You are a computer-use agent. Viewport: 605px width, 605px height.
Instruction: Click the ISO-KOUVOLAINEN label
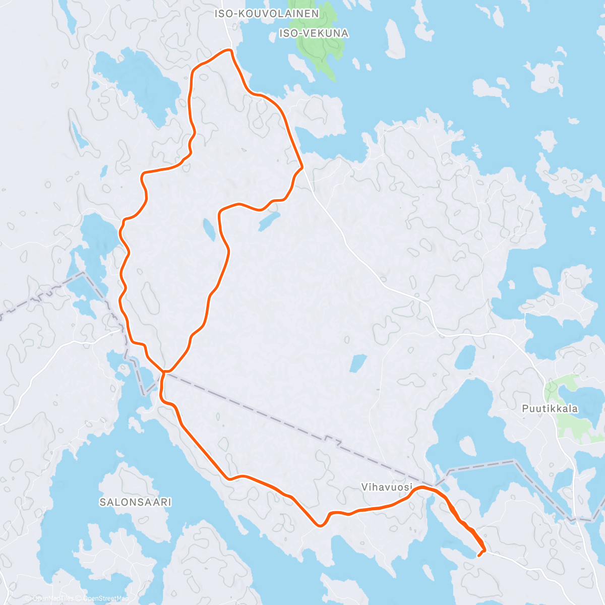(267, 14)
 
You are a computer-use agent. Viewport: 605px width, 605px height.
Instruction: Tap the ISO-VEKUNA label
(314, 33)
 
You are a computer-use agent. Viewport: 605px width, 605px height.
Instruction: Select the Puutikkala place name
(550, 408)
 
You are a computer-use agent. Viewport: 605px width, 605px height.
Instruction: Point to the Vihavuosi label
(387, 487)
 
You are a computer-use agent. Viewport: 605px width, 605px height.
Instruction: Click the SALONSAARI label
(135, 502)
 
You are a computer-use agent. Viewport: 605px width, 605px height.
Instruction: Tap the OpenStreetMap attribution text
(102, 598)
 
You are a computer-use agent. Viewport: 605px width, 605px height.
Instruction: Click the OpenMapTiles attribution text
(53, 598)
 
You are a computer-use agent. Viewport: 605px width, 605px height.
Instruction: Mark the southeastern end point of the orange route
(478, 556)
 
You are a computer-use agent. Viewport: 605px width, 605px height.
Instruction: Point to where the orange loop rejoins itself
(163, 372)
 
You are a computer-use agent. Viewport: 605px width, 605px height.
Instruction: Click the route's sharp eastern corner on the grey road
(301, 166)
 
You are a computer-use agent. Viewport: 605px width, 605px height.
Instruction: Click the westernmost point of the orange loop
(120, 302)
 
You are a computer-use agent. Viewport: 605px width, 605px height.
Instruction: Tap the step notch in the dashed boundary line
(331, 439)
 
